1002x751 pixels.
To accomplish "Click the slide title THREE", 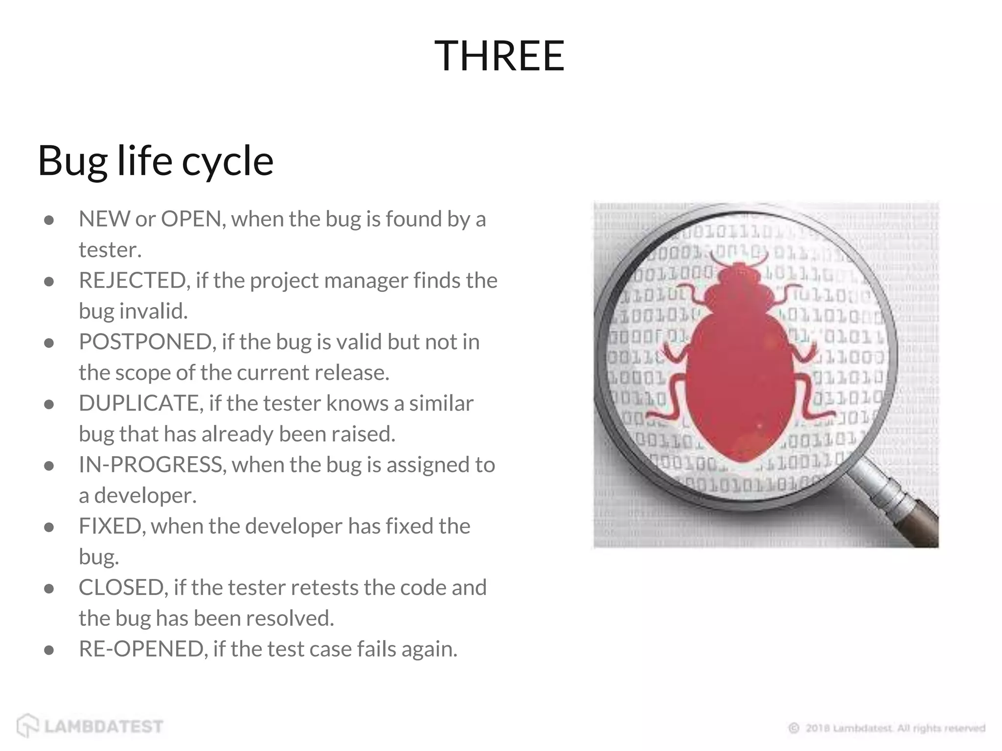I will (500, 56).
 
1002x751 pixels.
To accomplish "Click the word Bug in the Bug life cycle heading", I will (72, 161).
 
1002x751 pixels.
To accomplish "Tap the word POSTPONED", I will (145, 342).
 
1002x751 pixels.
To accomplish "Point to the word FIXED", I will (110, 527).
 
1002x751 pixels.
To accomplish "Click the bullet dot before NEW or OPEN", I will (48, 221).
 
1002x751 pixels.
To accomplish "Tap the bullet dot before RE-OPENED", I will (48, 650).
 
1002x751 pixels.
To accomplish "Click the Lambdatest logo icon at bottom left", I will (27, 726).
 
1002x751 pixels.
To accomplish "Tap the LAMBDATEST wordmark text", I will (104, 727).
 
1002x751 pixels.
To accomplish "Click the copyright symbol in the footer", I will (794, 728).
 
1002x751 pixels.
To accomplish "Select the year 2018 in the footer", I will (818, 728).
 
